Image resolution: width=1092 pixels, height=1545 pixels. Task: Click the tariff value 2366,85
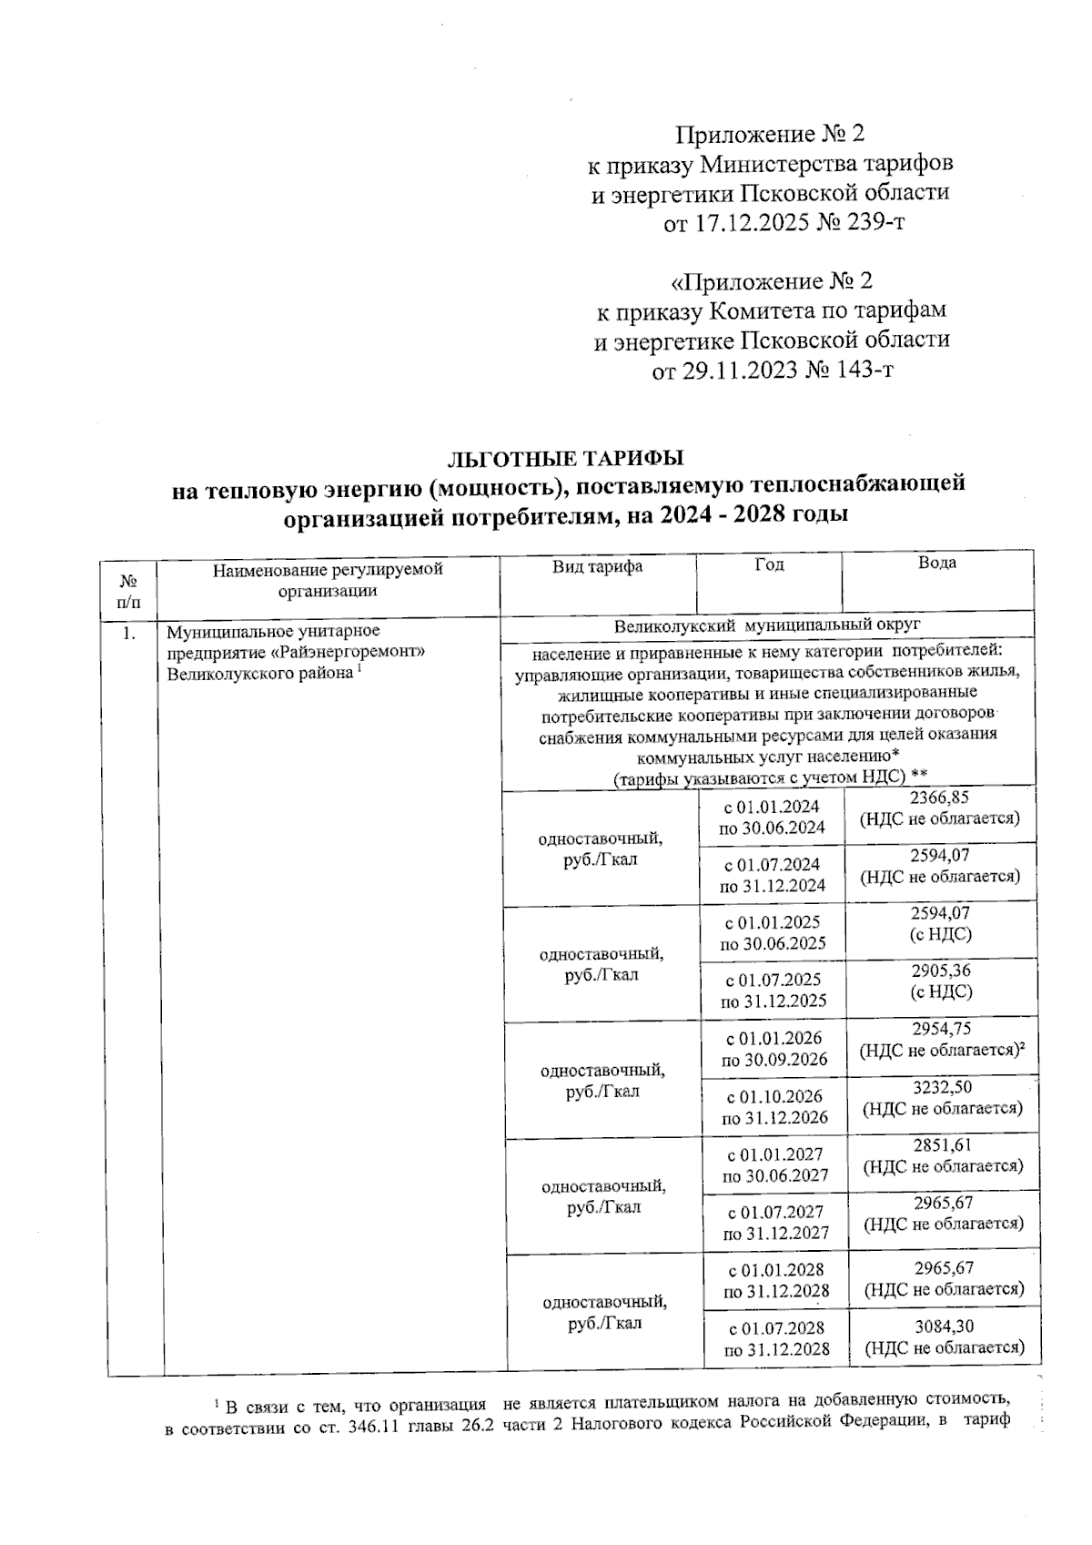pos(940,797)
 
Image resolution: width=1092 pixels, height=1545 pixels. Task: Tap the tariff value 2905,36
pos(941,971)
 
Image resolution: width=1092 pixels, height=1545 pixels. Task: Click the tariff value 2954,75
pos(941,1029)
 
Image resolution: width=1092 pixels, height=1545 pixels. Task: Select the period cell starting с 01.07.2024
pos(772,874)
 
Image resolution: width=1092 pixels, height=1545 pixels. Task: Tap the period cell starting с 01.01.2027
pos(774,1164)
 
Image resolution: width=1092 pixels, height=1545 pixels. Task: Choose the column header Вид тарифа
pos(597,566)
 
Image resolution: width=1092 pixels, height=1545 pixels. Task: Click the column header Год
pos(769,564)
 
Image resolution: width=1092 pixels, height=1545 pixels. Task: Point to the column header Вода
pos(937,563)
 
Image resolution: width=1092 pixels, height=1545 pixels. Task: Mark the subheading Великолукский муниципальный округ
pos(767,625)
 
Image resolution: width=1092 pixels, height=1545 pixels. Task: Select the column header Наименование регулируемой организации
pos(328,580)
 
